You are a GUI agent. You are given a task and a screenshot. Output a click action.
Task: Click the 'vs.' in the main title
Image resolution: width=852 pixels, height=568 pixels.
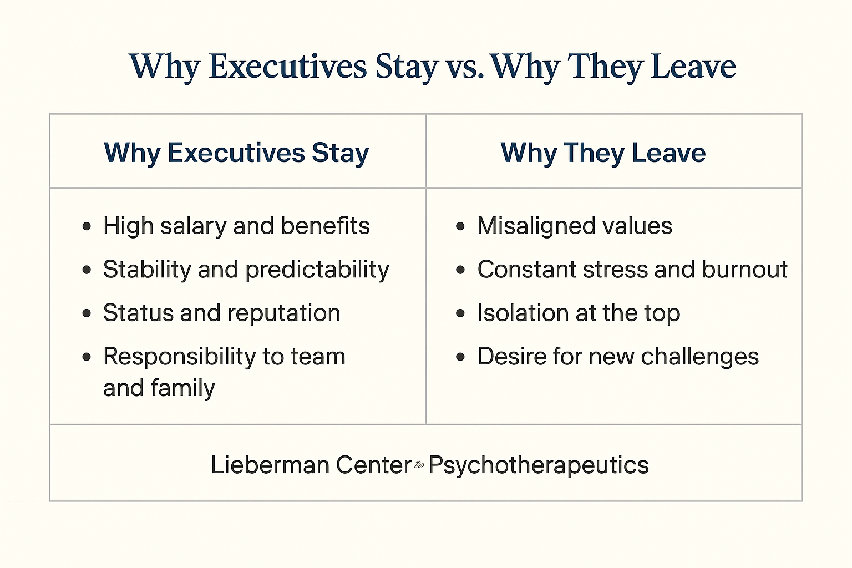[464, 67]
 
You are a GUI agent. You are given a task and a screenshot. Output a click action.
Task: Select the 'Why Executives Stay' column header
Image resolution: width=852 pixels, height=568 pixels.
[236, 153]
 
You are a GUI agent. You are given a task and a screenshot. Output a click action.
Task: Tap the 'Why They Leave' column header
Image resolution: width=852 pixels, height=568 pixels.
[603, 153]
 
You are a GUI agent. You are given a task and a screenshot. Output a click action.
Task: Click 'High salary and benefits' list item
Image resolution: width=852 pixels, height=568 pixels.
[236, 226]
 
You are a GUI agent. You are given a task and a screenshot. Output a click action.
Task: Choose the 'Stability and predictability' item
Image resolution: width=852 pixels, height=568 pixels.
[246, 270]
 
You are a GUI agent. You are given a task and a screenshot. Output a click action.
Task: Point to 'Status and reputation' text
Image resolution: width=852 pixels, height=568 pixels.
[222, 313]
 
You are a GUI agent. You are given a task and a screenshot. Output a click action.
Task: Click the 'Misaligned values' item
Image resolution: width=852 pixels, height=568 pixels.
[575, 226]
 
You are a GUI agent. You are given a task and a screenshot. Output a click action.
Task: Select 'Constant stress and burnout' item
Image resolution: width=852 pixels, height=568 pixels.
[632, 270]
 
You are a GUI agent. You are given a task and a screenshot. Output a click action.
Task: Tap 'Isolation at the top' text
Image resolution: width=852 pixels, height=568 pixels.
[579, 313]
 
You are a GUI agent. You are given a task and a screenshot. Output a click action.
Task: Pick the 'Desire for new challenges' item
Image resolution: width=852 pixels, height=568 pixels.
[618, 357]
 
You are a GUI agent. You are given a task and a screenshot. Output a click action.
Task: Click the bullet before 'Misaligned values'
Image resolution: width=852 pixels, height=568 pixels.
[460, 226]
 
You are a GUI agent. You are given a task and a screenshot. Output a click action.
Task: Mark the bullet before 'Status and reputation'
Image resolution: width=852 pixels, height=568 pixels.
[87, 313]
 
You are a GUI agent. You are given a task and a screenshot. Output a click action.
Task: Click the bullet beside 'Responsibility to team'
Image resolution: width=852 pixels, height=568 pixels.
[87, 357]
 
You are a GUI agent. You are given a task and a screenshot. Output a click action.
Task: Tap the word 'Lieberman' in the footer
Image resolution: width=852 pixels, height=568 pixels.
[270, 465]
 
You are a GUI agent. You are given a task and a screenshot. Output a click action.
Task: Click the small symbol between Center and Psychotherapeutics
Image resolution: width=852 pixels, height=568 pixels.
[419, 465]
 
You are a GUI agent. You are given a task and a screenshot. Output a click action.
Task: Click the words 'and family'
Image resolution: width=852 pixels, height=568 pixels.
[159, 388]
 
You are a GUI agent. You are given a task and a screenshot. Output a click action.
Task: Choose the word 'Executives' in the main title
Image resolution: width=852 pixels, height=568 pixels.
[288, 67]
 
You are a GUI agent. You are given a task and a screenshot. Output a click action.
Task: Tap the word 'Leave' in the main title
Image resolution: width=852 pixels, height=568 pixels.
[693, 67]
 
